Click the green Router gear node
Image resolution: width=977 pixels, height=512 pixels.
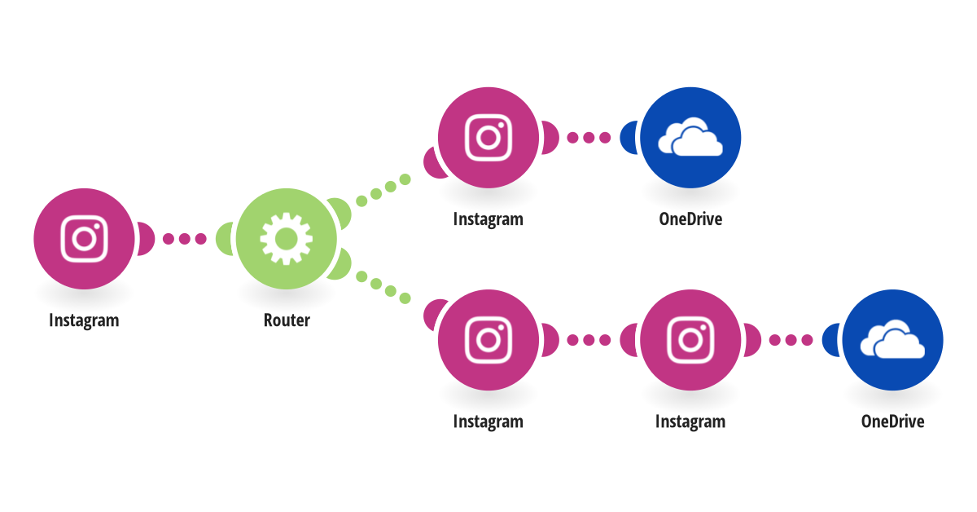286,239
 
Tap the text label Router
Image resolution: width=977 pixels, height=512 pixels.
286,320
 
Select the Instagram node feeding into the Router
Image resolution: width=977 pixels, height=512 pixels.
84,239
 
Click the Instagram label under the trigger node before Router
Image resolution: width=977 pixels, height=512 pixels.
84,320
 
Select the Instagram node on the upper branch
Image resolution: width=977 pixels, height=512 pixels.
488,137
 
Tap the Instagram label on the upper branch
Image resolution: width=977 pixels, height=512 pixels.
488,219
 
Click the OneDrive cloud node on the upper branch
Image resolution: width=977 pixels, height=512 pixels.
690,137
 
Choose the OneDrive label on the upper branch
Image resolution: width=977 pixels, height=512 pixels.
690,219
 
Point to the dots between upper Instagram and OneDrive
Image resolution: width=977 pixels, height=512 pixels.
589,137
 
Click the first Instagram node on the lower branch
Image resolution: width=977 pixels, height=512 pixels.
488,340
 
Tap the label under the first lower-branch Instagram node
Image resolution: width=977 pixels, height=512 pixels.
488,422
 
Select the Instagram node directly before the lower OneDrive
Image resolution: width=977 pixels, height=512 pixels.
690,340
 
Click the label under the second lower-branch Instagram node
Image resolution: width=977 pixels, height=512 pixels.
690,422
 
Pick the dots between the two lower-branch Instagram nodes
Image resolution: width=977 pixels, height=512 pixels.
589,340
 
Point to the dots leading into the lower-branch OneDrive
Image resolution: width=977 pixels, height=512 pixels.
791,340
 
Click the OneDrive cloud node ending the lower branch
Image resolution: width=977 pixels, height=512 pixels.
892,340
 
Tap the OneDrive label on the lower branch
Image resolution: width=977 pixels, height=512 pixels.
892,422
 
